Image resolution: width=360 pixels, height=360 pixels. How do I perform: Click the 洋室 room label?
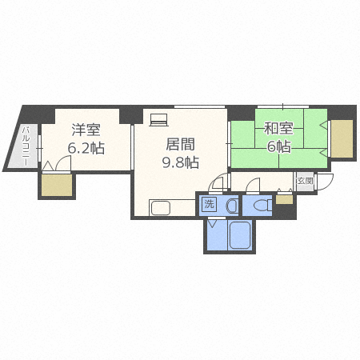pos(86,130)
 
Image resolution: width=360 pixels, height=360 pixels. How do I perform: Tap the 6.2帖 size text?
pos(86,148)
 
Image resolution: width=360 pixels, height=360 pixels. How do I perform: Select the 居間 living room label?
pos(181,144)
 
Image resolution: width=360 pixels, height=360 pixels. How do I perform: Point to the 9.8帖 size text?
pos(181,162)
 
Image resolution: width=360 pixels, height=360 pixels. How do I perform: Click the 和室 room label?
pos(278,129)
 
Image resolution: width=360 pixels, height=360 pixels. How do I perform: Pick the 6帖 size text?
pos(278,146)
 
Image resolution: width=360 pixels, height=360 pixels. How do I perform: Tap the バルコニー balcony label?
pos(26,146)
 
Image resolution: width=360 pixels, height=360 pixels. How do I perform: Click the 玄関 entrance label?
pos(305,181)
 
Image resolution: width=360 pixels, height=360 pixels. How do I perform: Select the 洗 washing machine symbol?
pos(209,205)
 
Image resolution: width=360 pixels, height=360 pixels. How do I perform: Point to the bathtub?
pos(239,235)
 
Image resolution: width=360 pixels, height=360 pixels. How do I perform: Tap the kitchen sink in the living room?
pos(161,208)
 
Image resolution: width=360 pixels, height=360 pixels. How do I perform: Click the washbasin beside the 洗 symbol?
pos(232,206)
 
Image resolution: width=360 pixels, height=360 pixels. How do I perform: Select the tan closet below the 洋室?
pos(57,186)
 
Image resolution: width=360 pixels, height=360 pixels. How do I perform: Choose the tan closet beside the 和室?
pos(342,138)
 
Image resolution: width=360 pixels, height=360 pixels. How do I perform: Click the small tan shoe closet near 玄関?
pos(284,200)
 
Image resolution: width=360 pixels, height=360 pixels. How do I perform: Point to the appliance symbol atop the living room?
pos(159,120)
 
